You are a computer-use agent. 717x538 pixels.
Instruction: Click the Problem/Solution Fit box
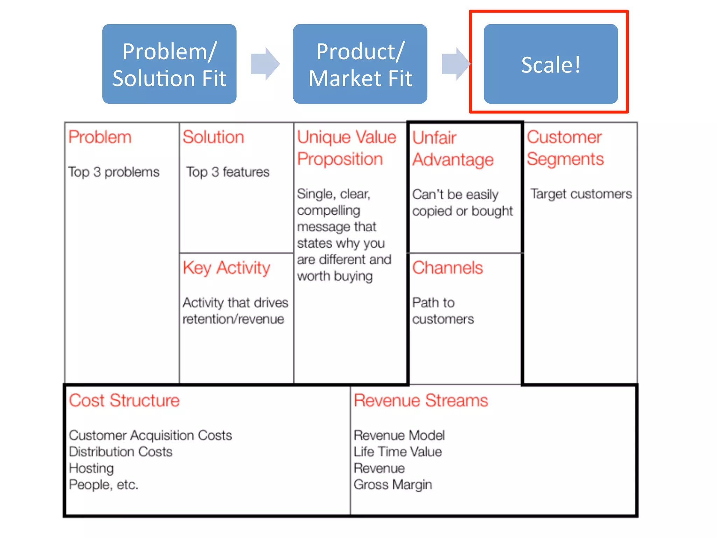pyautogui.click(x=169, y=64)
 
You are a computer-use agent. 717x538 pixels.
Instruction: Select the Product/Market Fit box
pyautogui.click(x=360, y=64)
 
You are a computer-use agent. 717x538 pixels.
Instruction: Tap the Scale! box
pyautogui.click(x=550, y=64)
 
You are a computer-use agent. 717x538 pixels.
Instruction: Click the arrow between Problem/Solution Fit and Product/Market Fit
pyautogui.click(x=265, y=64)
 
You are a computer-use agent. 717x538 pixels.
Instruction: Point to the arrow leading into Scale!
pyautogui.click(x=455, y=64)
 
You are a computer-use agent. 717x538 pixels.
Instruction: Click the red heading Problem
pyautogui.click(x=100, y=137)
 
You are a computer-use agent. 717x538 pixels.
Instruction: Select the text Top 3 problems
pyautogui.click(x=114, y=172)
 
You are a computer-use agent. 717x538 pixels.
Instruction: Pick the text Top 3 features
pyautogui.click(x=228, y=172)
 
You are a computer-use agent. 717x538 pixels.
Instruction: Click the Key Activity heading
pyautogui.click(x=226, y=268)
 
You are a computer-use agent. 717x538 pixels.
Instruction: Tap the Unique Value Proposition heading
pyautogui.click(x=346, y=148)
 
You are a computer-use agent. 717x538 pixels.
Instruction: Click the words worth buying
pyautogui.click(x=335, y=276)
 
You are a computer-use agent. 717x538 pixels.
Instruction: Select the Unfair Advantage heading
pyautogui.click(x=452, y=149)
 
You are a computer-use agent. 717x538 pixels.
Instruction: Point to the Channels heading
pyautogui.click(x=447, y=268)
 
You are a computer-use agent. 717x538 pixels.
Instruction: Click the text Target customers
pyautogui.click(x=581, y=194)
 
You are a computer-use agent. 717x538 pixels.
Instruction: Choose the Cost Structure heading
pyautogui.click(x=124, y=400)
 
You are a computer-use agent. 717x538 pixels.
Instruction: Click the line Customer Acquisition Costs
pyautogui.click(x=150, y=435)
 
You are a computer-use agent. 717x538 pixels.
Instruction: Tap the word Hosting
pyautogui.click(x=91, y=468)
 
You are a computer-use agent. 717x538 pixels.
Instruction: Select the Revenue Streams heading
pyautogui.click(x=420, y=400)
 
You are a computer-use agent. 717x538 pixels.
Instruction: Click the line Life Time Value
pyautogui.click(x=397, y=452)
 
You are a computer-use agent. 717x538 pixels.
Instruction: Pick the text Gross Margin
pyautogui.click(x=392, y=485)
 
